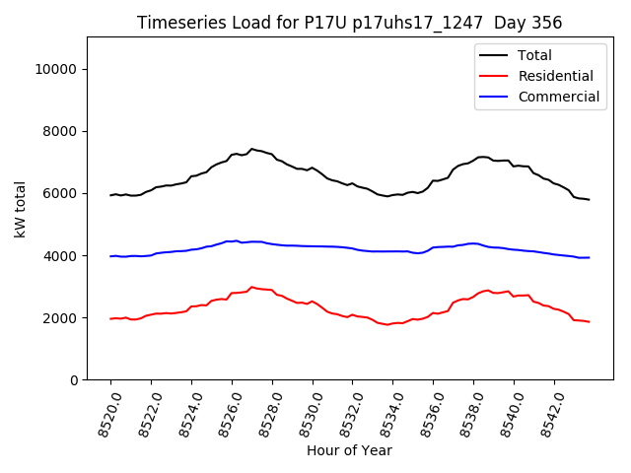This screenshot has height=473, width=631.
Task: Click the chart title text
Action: pyautogui.click(x=348, y=23)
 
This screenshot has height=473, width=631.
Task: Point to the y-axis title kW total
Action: pyautogui.click(x=20, y=209)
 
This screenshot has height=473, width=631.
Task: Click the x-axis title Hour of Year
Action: pyautogui.click(x=349, y=450)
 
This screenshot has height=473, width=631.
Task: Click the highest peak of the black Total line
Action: pyautogui.click(x=251, y=149)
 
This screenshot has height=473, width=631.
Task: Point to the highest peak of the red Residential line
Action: pyautogui.click(x=251, y=287)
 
